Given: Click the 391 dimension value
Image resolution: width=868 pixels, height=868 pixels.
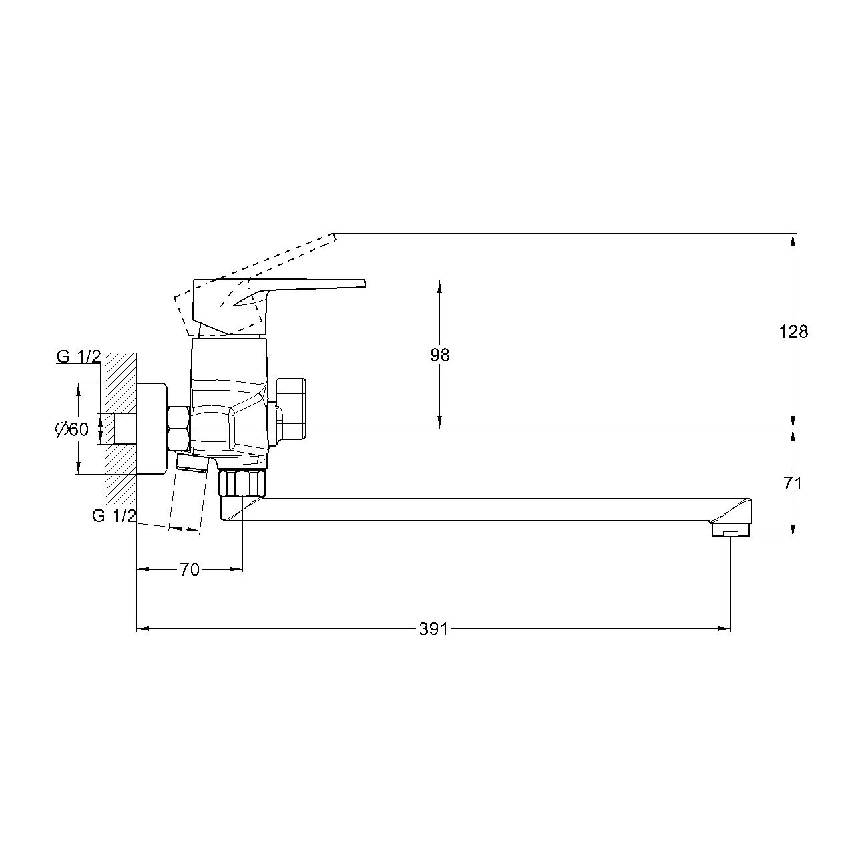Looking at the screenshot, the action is pyautogui.click(x=433, y=629).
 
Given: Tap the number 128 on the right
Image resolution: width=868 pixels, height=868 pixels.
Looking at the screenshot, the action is pyautogui.click(x=793, y=332).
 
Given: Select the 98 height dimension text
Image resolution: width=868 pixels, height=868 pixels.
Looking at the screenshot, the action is pyautogui.click(x=439, y=355).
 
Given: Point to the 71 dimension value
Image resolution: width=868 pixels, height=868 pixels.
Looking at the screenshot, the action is pyautogui.click(x=793, y=484).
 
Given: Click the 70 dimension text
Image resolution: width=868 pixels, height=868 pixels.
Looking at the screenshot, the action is pyautogui.click(x=189, y=570).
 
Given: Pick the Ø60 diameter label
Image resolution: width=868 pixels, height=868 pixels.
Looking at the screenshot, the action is pyautogui.click(x=72, y=429).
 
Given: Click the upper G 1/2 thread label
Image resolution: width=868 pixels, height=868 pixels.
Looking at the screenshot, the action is pyautogui.click(x=79, y=357).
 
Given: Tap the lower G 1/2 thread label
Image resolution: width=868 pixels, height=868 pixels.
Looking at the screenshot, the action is pyautogui.click(x=114, y=515).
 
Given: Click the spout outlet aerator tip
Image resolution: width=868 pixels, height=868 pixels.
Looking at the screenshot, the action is pyautogui.click(x=730, y=532).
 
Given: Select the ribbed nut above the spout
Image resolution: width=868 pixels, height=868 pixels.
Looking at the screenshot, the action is pyautogui.click(x=242, y=483).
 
